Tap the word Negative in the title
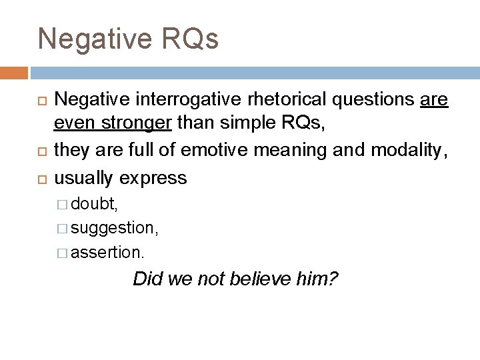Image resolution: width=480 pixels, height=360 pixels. (89, 39)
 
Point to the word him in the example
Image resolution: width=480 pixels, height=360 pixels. (318, 278)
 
